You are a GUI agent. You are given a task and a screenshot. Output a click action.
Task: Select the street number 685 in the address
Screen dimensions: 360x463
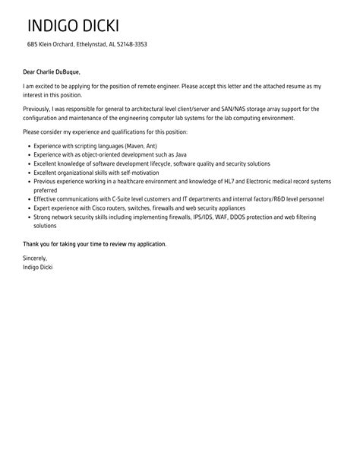[x=33, y=45]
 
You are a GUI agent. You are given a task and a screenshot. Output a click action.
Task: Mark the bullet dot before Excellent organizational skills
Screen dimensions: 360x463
[x=28, y=173]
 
